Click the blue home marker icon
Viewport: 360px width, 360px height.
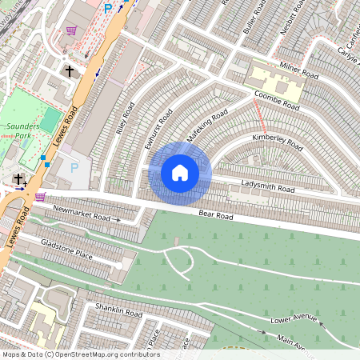[x=180, y=173]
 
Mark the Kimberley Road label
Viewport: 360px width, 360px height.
[x=278, y=142]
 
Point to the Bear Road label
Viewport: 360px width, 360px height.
[x=215, y=215]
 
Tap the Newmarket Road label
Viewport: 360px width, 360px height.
[x=81, y=213]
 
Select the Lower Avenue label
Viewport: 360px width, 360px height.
[x=294, y=319]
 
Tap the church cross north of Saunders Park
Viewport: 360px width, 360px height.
[x=70, y=71]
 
